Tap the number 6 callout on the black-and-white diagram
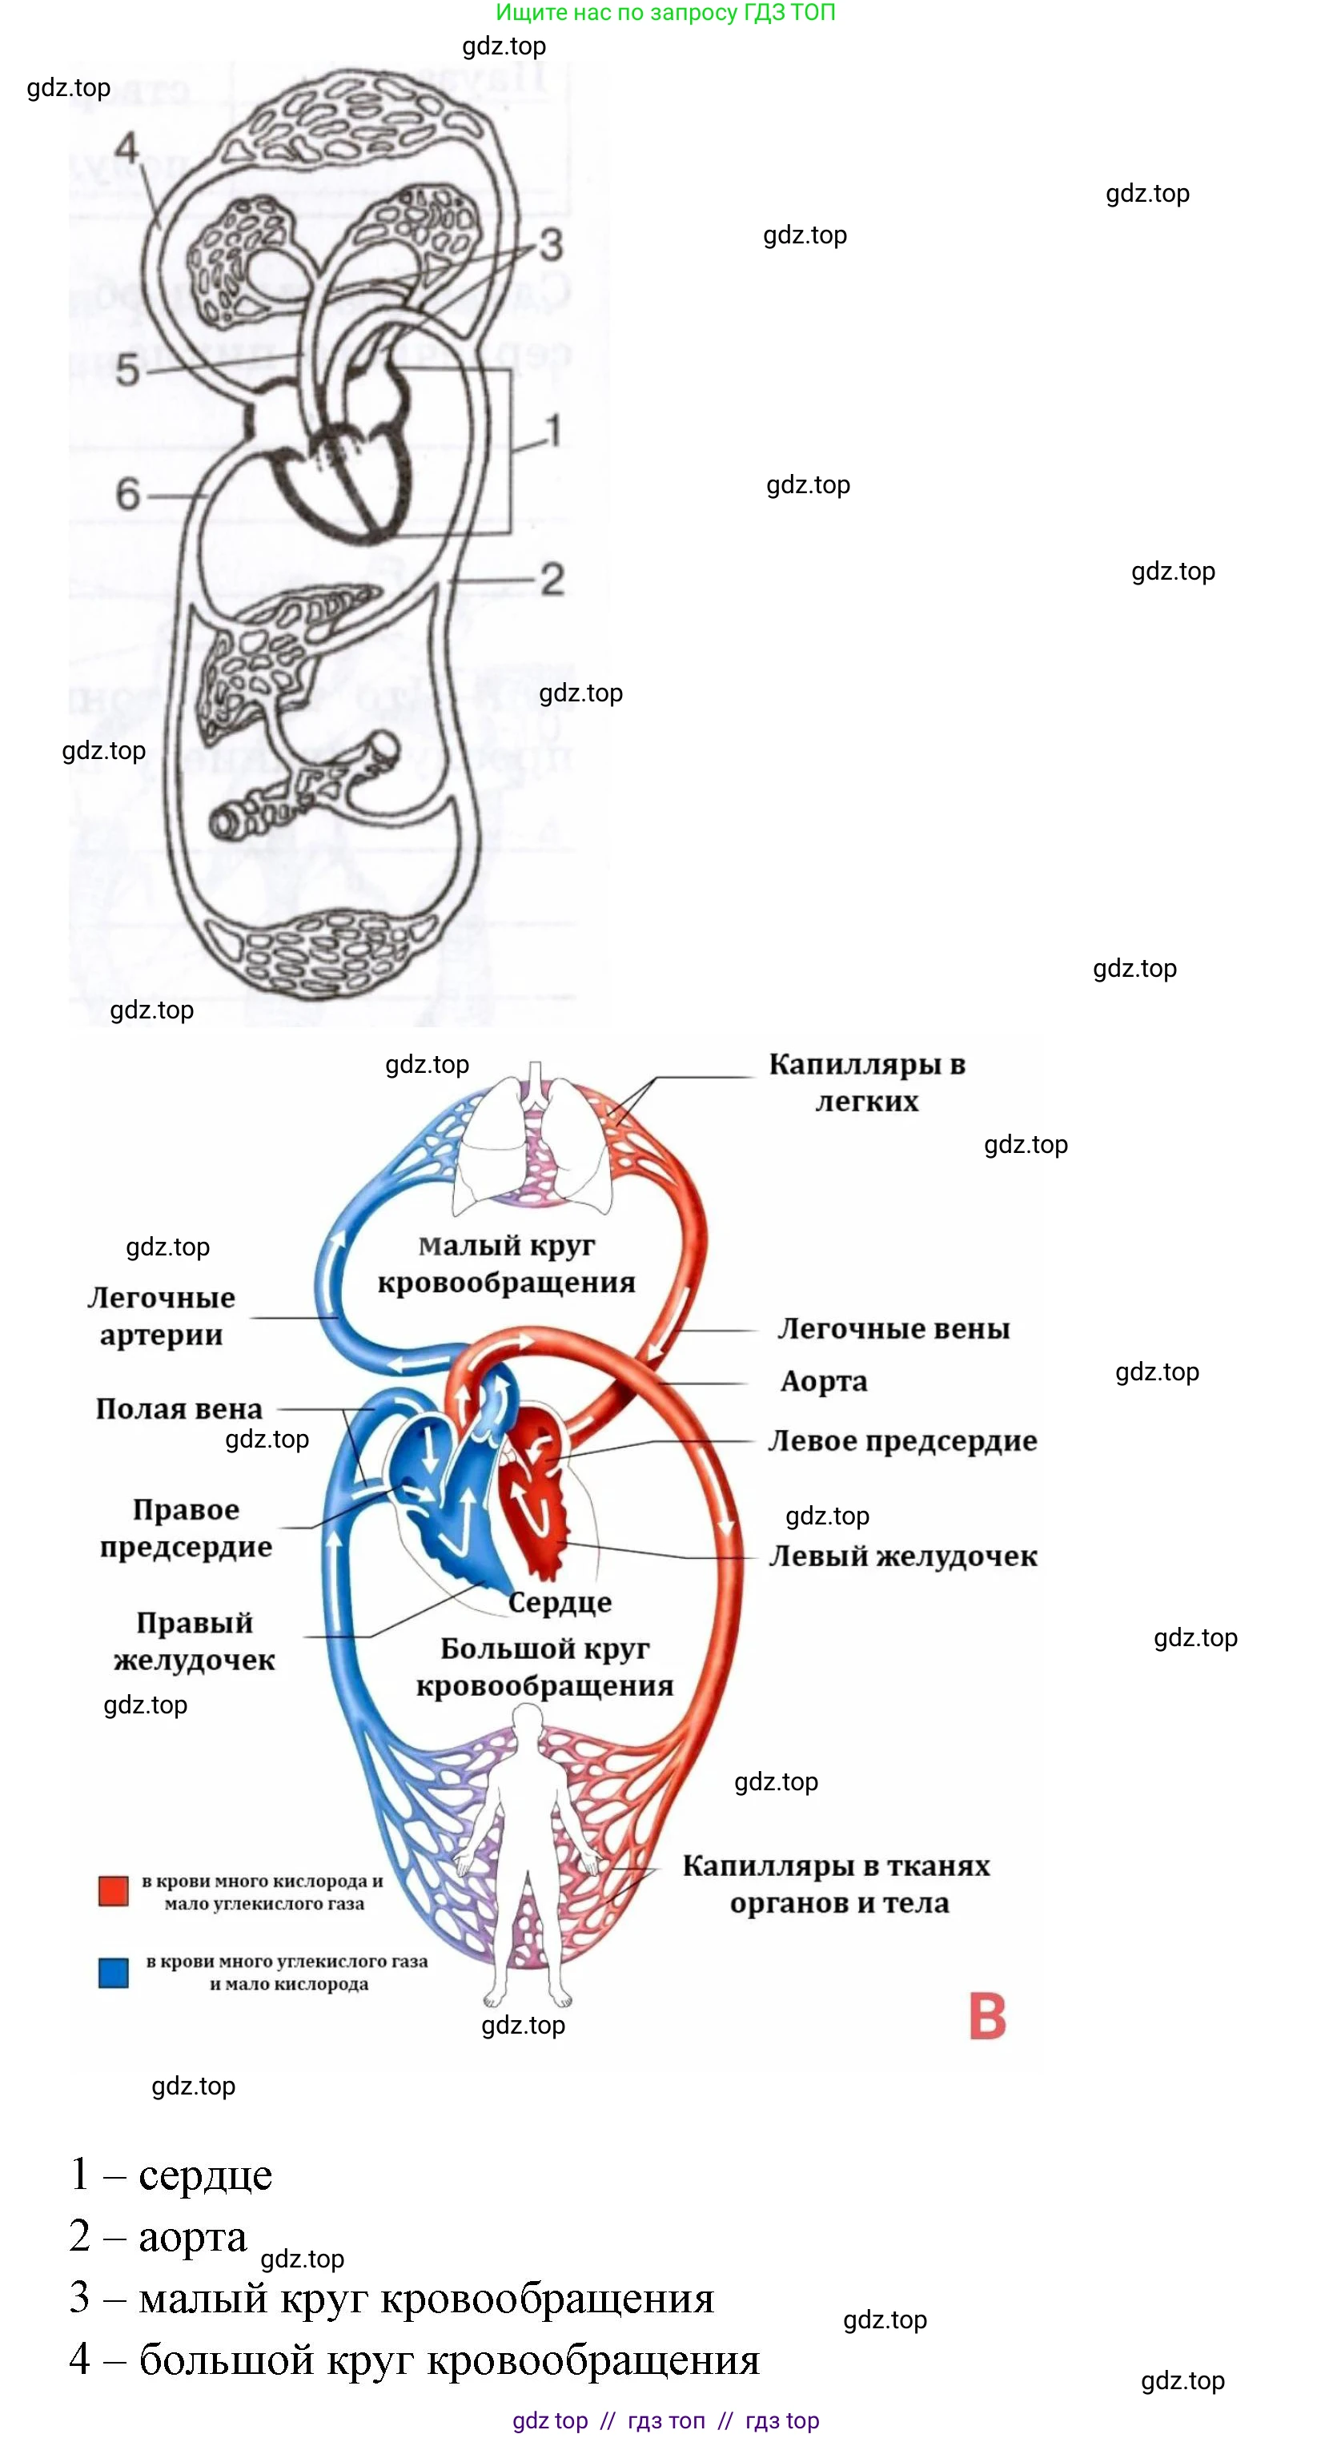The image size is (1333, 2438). click(128, 494)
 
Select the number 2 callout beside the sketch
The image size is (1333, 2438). click(552, 579)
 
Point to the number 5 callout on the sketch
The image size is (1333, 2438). click(128, 369)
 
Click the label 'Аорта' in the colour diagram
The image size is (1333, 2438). click(823, 1381)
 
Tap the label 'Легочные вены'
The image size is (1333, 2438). click(893, 1329)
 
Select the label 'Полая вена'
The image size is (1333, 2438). click(179, 1409)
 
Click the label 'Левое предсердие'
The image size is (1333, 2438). click(901, 1440)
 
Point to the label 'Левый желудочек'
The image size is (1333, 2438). click(902, 1556)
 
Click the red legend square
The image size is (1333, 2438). click(114, 1890)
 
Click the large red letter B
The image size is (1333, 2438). click(987, 2017)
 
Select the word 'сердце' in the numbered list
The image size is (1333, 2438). click(205, 2175)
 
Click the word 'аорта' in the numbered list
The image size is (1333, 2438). click(192, 2236)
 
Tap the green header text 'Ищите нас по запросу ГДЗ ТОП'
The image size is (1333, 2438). click(665, 12)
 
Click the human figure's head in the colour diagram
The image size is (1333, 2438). click(526, 1720)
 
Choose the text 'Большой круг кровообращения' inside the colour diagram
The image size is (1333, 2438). click(545, 1667)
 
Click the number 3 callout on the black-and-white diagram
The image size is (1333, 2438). click(552, 245)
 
